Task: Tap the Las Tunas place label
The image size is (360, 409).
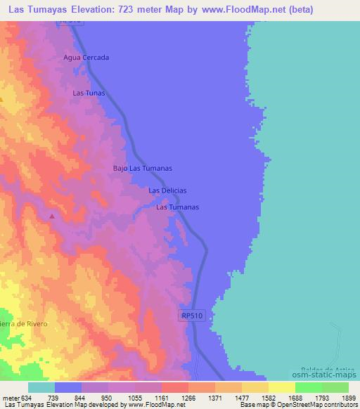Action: [x=89, y=93]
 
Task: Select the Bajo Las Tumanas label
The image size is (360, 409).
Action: [x=143, y=169]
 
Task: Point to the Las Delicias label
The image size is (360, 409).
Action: [x=167, y=190]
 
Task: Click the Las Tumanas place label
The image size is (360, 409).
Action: [x=177, y=207]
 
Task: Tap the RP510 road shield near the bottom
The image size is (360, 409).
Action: [x=191, y=317]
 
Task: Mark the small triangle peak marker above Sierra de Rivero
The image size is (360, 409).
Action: [x=51, y=216]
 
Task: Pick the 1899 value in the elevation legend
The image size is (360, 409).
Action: [x=340, y=398]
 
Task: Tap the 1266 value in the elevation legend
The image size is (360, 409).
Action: [x=188, y=398]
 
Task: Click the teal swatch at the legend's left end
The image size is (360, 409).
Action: [x=41, y=387]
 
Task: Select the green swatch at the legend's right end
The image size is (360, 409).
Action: [x=335, y=387]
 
